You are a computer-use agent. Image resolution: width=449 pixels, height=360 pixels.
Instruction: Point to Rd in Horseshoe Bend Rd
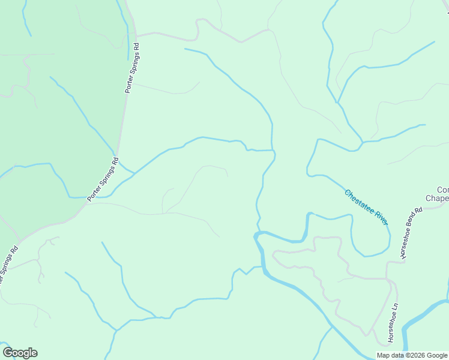419,211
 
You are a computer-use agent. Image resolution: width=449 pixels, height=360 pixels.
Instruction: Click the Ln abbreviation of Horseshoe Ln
395,306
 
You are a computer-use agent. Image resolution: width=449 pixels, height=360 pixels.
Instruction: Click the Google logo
20,353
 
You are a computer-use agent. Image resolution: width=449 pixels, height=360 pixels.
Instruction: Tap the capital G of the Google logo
8,352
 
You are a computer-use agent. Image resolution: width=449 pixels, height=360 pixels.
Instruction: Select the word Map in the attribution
384,355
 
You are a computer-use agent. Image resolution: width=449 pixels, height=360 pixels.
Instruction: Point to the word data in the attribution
397,355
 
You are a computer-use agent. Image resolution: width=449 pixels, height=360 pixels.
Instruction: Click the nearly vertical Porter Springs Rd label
132,67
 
